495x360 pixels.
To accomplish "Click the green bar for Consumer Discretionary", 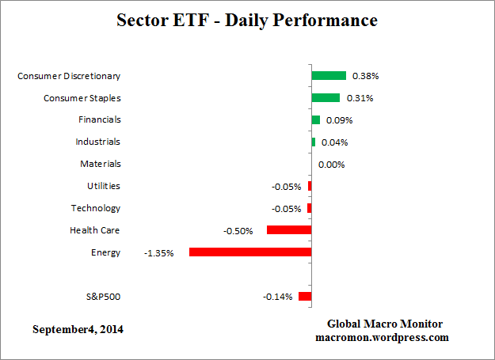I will tap(329, 76).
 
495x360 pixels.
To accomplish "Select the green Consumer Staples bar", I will tap(326, 98).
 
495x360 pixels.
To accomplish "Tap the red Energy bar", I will tap(250, 252).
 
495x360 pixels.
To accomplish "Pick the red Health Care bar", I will tap(289, 230).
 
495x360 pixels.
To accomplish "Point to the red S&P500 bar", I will tap(305, 297).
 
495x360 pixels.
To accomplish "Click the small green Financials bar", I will tap(315, 120).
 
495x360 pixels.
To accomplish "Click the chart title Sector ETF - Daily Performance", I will tap(247, 20).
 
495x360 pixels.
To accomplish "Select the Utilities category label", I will tap(103, 186).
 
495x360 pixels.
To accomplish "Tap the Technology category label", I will tap(95, 208).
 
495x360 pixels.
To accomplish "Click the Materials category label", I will tap(100, 164).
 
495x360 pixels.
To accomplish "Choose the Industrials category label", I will tap(98, 142).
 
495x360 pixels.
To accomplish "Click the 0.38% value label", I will tap(365, 77).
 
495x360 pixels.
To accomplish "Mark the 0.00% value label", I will tap(331, 165).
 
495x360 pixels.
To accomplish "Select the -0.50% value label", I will tap(238, 231).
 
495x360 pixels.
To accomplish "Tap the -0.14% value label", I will tap(277, 297).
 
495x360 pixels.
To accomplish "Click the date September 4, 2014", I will tap(78, 328).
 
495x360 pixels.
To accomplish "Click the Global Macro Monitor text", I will tap(385, 324).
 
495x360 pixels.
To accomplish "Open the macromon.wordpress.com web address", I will tap(383, 337).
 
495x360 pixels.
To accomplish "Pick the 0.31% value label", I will tap(360, 99).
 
